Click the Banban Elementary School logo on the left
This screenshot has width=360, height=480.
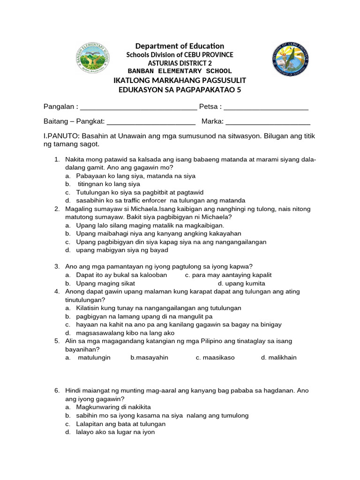pyautogui.click(x=94, y=59)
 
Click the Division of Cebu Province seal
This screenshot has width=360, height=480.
pyautogui.click(x=290, y=59)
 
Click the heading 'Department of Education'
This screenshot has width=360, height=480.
pyautogui.click(x=180, y=46)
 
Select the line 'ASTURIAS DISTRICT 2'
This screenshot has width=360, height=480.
pyautogui.click(x=180, y=63)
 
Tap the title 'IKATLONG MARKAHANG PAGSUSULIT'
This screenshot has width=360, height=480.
pyautogui.click(x=180, y=81)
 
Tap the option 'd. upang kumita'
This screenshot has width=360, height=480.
pyautogui.click(x=241, y=284)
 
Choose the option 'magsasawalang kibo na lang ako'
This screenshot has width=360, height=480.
pyautogui.click(x=125, y=333)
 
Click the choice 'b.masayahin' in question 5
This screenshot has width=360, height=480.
pyautogui.click(x=149, y=358)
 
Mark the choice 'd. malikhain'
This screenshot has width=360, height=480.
pyautogui.click(x=279, y=358)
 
